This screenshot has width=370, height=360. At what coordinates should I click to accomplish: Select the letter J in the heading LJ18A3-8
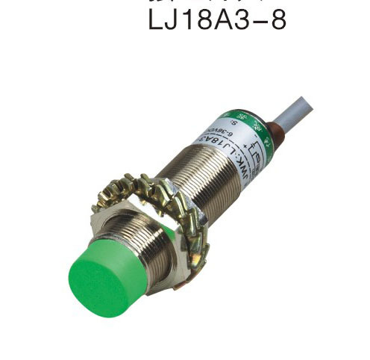(x=177, y=18)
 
